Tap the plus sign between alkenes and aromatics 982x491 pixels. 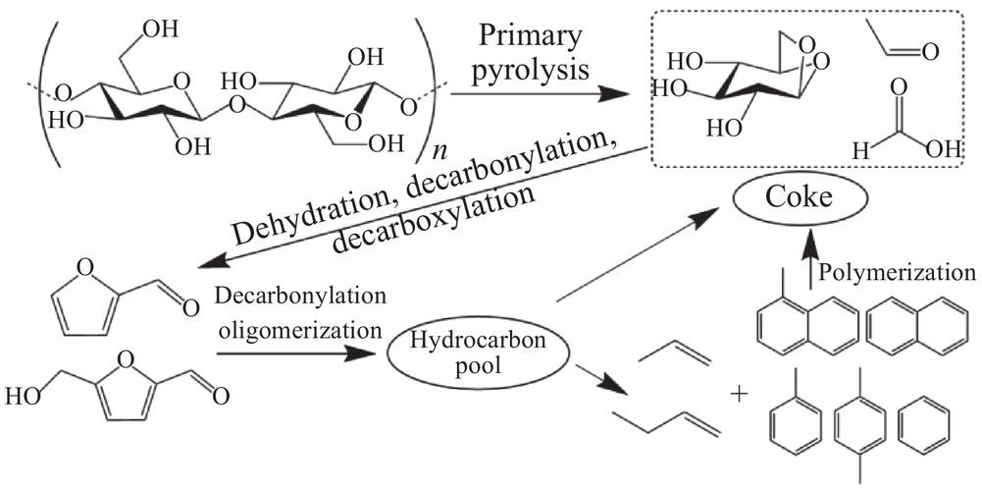tap(738, 394)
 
